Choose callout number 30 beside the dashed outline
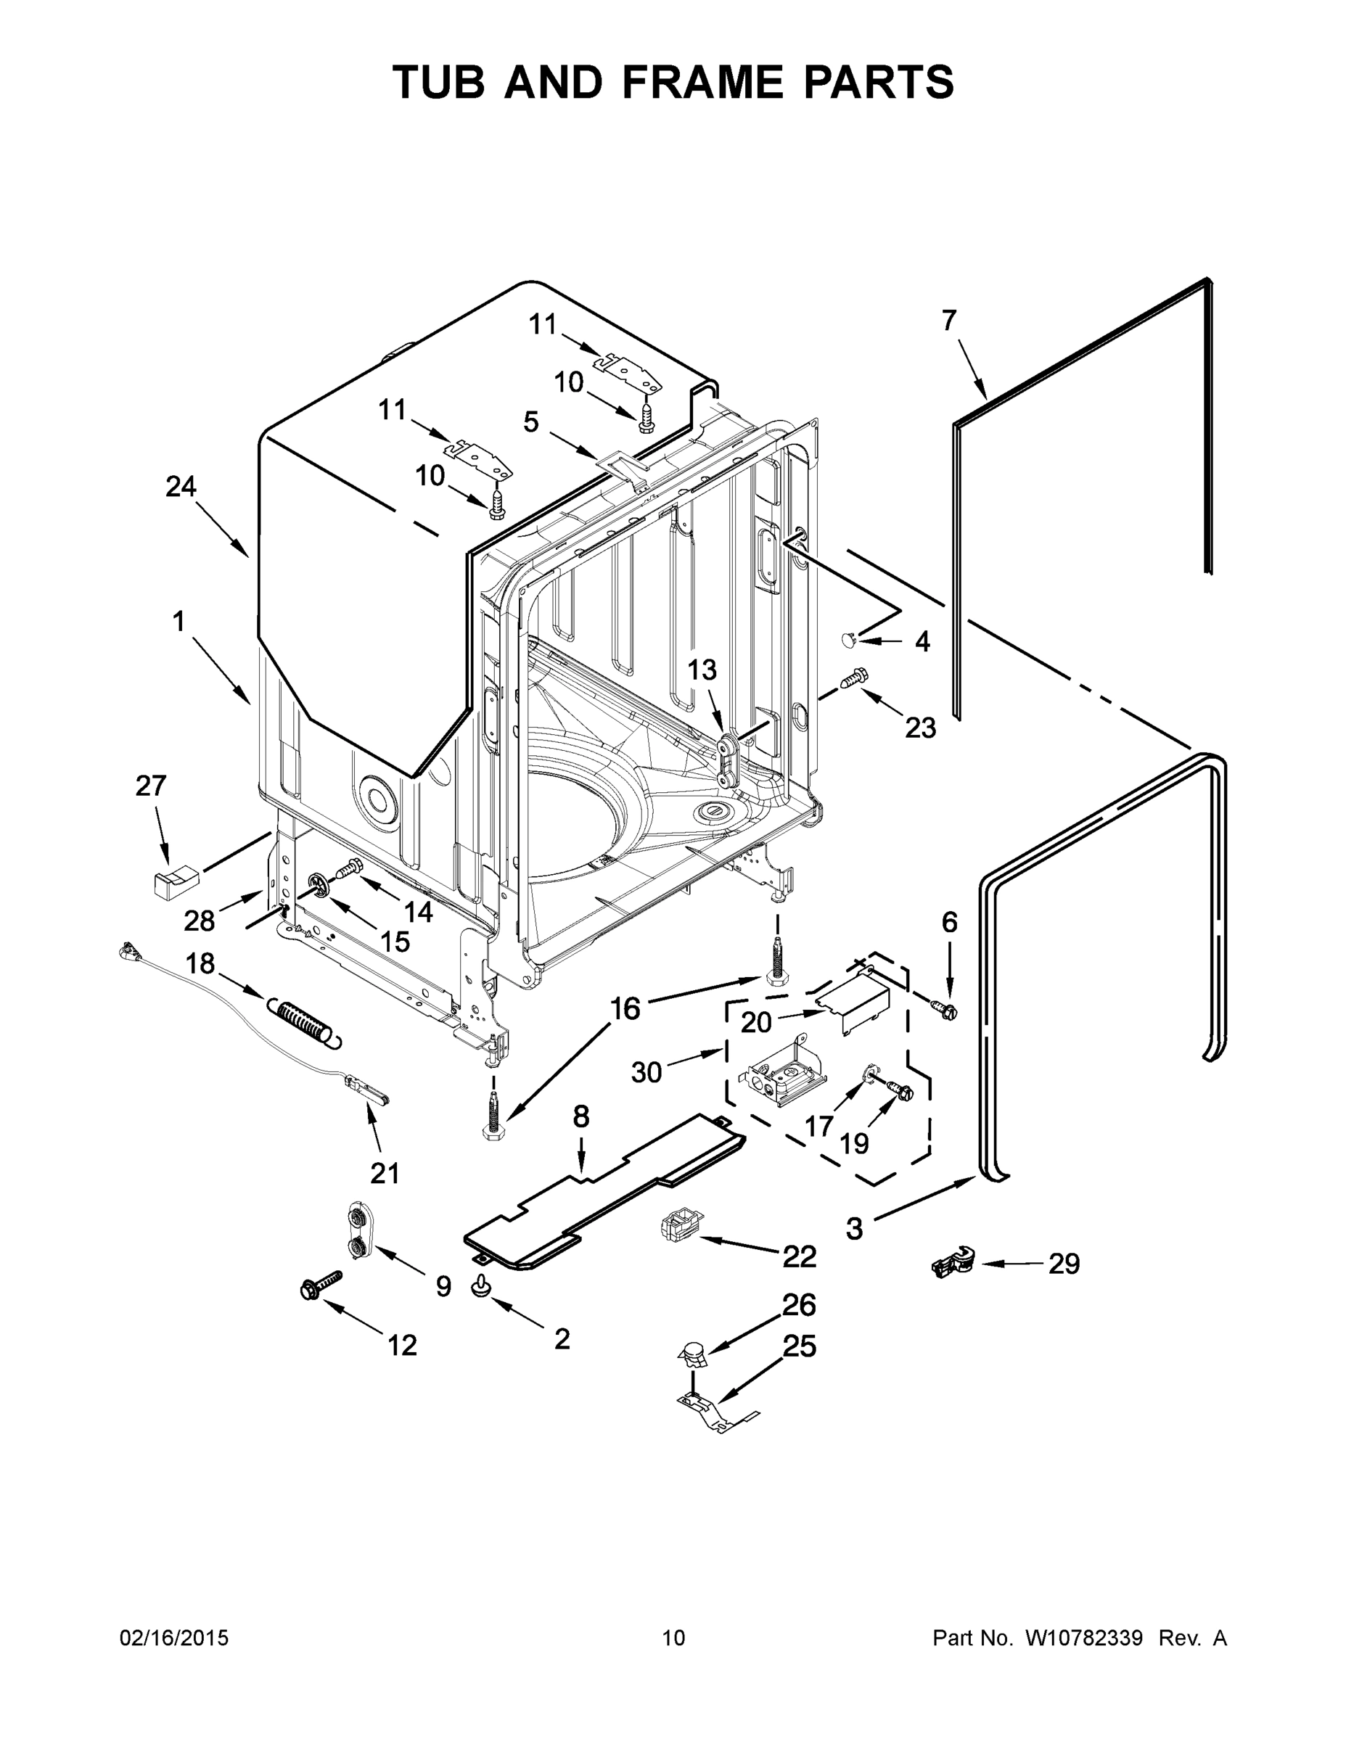point(646,1072)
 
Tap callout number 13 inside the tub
point(702,670)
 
